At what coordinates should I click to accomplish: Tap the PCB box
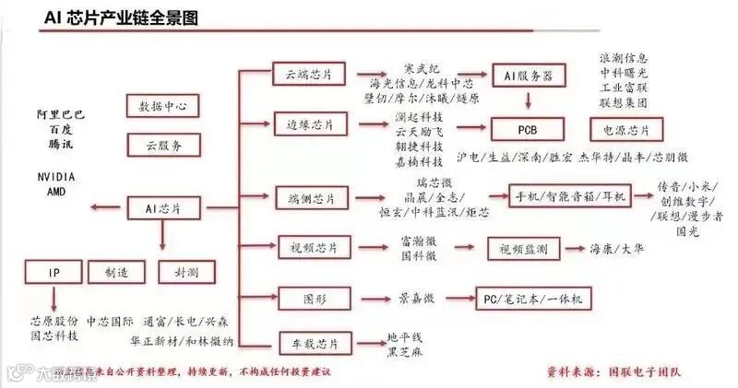tap(527, 125)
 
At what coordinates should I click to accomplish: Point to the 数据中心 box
tap(162, 106)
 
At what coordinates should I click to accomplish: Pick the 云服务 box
tap(162, 145)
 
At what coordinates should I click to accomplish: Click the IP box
tap(54, 272)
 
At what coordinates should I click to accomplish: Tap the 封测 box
tap(174, 272)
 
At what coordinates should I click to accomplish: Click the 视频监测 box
tap(523, 249)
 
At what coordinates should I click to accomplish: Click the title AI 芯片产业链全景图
tap(121, 18)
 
